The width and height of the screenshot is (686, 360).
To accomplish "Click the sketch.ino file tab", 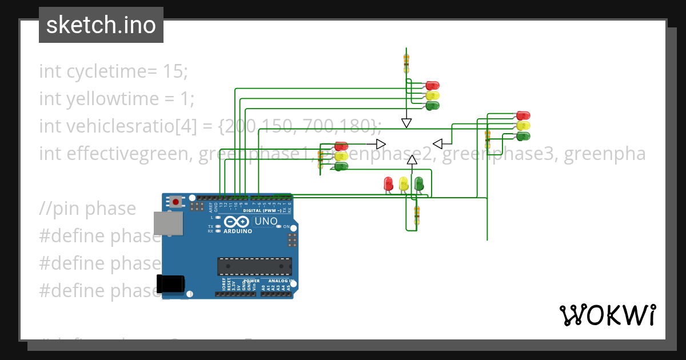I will coord(101,25).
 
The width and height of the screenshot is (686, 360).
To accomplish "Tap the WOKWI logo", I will coord(607,315).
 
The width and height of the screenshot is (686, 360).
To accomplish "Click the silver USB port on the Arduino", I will coord(168,225).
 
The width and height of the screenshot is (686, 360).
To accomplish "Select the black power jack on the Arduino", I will coord(171,284).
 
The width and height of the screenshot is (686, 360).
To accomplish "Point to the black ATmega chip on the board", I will coord(254,266).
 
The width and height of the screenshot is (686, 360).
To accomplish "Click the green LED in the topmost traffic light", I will coord(432,106).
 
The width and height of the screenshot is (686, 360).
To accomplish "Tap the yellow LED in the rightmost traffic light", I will coord(523,126).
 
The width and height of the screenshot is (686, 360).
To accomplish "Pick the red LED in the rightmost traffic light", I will coord(523,115).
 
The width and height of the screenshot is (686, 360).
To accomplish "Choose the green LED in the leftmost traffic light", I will coord(341,166).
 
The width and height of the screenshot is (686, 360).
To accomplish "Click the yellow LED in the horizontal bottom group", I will coord(404,183).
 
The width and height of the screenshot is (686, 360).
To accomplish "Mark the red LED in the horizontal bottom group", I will coord(388,183).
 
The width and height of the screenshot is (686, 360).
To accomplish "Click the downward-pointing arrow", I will coord(406,123).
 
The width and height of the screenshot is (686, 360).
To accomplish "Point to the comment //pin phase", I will coord(87,209).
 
